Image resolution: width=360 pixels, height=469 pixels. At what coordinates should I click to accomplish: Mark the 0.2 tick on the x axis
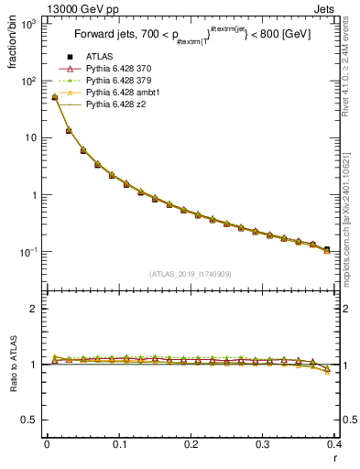click(x=190, y=444)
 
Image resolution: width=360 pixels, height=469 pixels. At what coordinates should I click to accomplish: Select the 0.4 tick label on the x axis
click(x=333, y=444)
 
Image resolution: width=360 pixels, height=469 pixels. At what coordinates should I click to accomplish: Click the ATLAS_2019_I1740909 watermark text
click(x=190, y=273)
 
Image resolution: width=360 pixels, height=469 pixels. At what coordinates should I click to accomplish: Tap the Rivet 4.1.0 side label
click(x=346, y=64)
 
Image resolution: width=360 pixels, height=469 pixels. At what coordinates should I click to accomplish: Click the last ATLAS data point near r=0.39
click(x=327, y=249)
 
